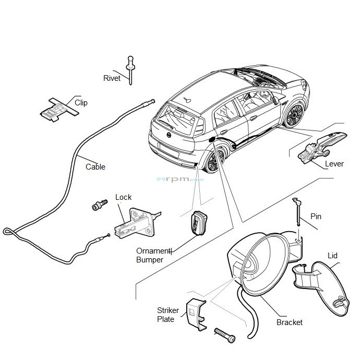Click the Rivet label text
[112, 78]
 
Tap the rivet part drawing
[130, 67]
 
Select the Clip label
[81, 103]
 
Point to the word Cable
[95, 167]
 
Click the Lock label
[123, 197]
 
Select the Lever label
[334, 163]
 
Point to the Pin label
[316, 216]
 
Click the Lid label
[332, 256]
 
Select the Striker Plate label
[168, 315]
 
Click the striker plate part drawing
[195, 314]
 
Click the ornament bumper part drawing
[198, 223]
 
